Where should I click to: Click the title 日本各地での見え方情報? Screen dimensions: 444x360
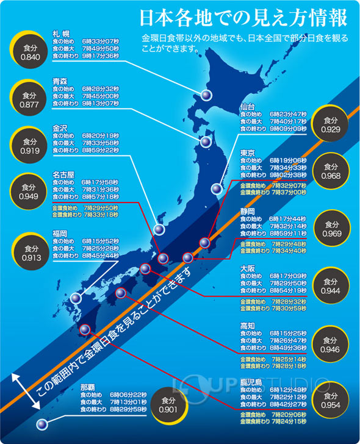tap(243, 18)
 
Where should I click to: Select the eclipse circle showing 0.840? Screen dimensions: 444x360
tap(29, 52)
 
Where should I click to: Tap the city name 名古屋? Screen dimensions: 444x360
tap(63, 174)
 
